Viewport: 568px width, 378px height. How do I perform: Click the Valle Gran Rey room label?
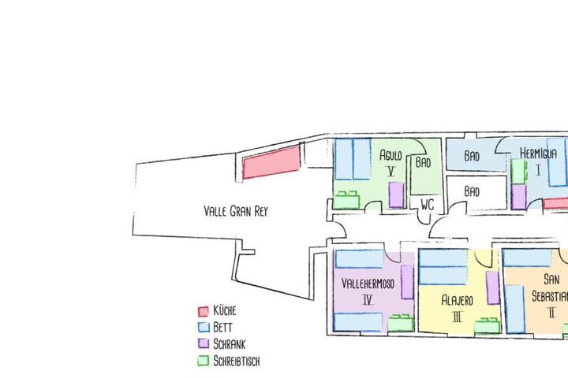236,211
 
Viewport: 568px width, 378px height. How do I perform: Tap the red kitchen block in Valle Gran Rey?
271,163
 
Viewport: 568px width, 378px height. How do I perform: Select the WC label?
428,205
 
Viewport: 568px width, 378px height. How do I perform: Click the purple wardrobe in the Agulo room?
396,195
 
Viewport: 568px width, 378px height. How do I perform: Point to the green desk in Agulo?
346,200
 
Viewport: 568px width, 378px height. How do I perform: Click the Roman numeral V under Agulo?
390,171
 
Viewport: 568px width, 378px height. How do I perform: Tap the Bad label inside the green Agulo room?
423,162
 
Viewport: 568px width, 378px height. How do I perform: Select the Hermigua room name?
538,154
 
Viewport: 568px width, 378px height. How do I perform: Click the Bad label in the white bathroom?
472,191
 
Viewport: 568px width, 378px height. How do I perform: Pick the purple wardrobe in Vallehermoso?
408,282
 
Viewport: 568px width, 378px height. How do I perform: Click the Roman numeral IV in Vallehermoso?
368,300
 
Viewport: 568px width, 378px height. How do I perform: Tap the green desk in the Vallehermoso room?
401,323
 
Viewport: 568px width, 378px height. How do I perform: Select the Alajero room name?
457,300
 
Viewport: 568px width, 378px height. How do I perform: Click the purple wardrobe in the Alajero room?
492,287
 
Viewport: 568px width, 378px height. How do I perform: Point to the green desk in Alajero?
488,325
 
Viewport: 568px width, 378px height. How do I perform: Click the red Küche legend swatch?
204,311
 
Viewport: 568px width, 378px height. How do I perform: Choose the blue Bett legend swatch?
204,327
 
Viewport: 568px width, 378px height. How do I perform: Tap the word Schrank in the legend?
230,344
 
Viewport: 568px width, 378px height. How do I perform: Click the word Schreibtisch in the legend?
237,361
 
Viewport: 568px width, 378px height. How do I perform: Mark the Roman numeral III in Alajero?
458,317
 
